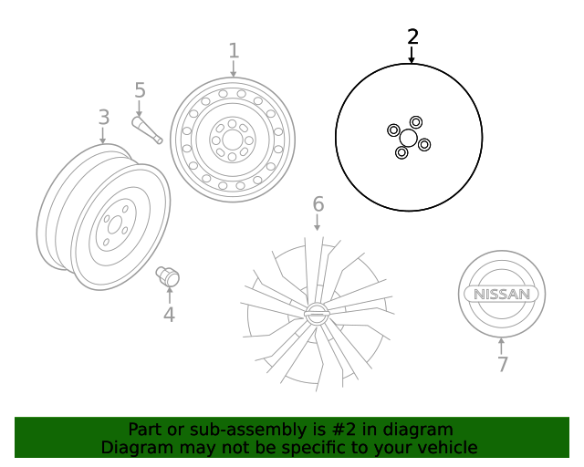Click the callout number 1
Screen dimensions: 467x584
(234, 50)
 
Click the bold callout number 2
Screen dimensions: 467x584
(412, 36)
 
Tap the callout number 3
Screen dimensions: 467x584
(103, 117)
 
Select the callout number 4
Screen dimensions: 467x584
(169, 316)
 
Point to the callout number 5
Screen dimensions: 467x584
(140, 90)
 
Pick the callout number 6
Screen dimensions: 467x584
(318, 203)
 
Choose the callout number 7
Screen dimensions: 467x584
(502, 365)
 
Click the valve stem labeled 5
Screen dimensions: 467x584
(147, 130)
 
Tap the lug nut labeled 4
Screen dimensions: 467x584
(168, 275)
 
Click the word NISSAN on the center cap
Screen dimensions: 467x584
(501, 295)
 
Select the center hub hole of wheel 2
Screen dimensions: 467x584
(408, 138)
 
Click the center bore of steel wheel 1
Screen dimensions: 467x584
(233, 140)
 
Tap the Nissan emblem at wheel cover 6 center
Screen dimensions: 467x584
(316, 313)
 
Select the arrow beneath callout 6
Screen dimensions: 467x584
(318, 223)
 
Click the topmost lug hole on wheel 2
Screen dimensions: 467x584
(416, 122)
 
